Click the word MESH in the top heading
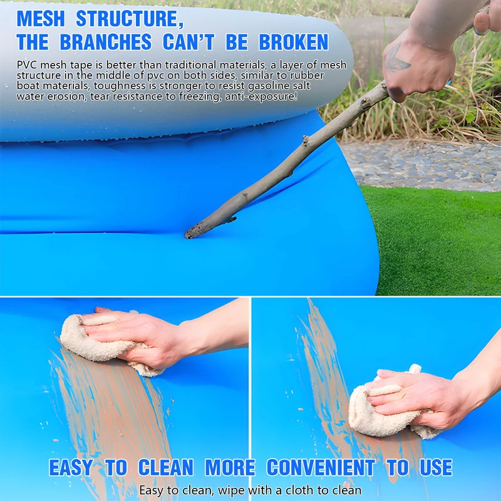pyautogui.click(x=41, y=19)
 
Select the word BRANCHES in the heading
pyautogui.click(x=106, y=42)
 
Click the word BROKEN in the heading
pyautogui.click(x=293, y=42)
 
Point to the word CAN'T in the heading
pyautogui.click(x=189, y=42)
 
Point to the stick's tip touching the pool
pyautogui.click(x=189, y=235)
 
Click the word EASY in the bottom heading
pyautogui.click(x=71, y=467)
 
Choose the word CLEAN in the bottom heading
pyautogui.click(x=166, y=467)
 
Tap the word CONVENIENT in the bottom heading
pyautogui.click(x=321, y=467)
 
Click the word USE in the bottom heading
pyautogui.click(x=436, y=467)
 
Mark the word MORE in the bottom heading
pyautogui.click(x=230, y=467)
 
